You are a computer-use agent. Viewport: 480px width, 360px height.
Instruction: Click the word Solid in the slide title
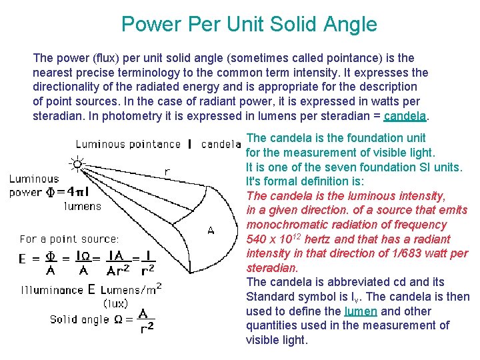[x=294, y=25]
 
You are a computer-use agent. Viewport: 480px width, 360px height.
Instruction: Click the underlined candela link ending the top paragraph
[x=406, y=116]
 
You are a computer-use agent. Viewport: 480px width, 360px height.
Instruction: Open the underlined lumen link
[x=359, y=311]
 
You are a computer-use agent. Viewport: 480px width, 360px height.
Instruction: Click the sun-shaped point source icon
[x=78, y=163]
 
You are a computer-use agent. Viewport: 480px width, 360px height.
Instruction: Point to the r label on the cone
[x=167, y=171]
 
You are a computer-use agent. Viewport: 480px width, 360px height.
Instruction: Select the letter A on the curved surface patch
[x=211, y=231]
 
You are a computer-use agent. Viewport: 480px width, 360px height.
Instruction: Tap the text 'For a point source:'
[x=69, y=238]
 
